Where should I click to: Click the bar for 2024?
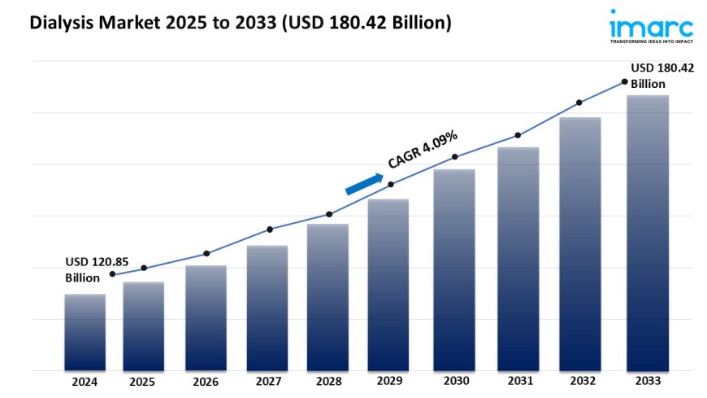85,332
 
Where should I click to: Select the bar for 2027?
267,308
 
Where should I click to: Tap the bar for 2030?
454,269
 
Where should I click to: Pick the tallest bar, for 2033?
648,233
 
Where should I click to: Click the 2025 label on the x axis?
143,381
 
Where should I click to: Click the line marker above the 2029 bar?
391,185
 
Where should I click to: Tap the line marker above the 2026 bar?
206,253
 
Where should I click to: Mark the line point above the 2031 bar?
517,135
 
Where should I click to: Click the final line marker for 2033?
624,81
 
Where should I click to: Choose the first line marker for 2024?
112,274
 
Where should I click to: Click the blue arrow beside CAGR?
363,184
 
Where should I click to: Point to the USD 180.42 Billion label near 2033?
662,76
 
